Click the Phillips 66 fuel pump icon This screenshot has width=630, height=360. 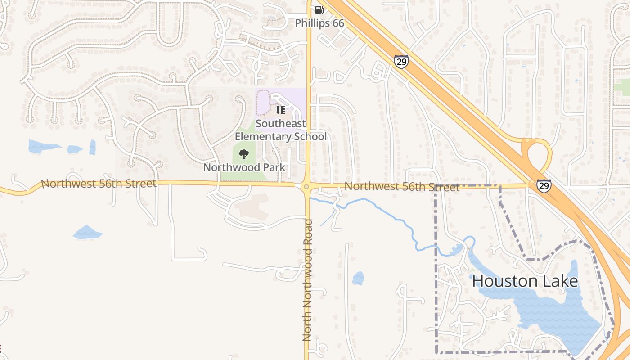319,9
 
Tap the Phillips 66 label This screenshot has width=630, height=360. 319,23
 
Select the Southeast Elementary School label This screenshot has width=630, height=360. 281,130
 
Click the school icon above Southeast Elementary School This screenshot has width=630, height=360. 281,110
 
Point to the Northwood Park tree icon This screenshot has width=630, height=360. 244,154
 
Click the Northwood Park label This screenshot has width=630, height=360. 244,167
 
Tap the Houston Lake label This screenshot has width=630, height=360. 525,281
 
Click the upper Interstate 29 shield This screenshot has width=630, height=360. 401,62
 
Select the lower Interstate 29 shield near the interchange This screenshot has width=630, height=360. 544,185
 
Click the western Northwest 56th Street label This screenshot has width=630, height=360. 99,184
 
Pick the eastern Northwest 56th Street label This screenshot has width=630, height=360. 402,187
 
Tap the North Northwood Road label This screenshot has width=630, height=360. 307,280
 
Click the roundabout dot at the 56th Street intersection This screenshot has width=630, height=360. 306,187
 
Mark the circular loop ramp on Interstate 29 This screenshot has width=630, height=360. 536,155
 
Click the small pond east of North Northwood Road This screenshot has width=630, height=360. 358,278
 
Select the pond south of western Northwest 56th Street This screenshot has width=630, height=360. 87,233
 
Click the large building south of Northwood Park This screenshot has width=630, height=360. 252,207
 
